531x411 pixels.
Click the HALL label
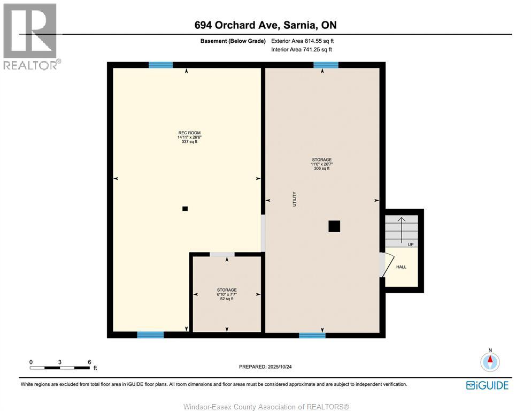point(401,267)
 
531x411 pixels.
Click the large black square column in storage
point(334,226)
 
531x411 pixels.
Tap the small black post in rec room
point(185,209)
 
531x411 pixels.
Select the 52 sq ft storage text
point(227,299)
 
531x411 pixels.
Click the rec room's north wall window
point(160,65)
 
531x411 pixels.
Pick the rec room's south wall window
point(150,335)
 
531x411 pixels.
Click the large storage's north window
point(326,65)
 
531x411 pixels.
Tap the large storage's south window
point(312,336)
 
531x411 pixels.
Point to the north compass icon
point(489,361)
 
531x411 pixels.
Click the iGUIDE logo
point(487,385)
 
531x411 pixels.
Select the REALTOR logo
point(31,36)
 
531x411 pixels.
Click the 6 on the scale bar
point(89,362)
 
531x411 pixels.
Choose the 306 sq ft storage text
point(322,169)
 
